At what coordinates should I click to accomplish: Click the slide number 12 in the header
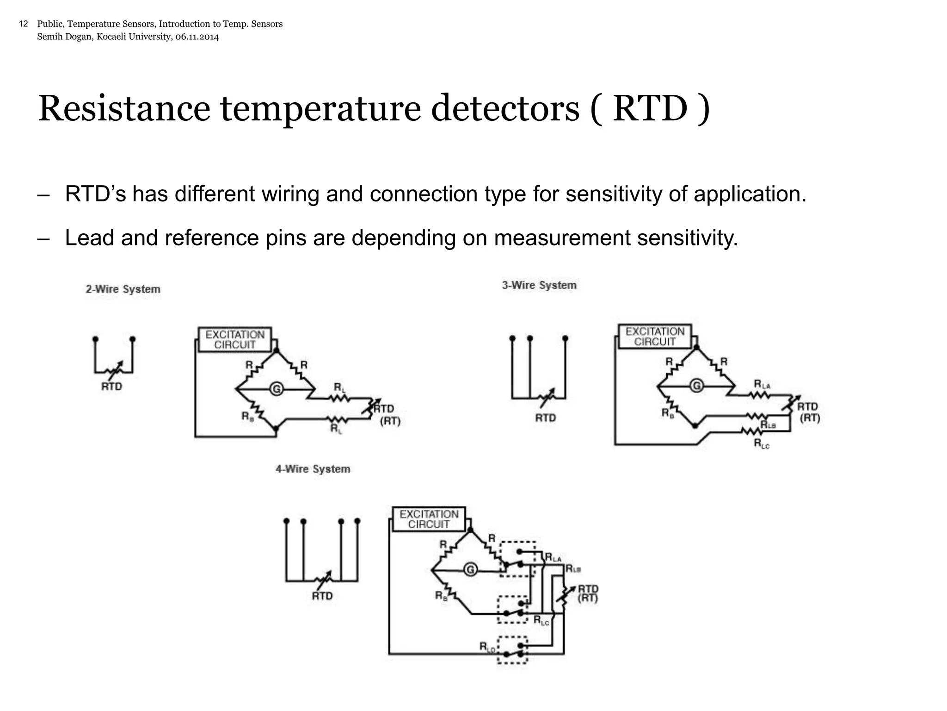pyautogui.click(x=24, y=24)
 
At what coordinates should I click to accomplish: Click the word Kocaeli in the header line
pyautogui.click(x=112, y=37)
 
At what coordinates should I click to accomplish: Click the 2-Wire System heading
pyautogui.click(x=123, y=289)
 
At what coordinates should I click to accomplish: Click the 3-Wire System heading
pyautogui.click(x=539, y=285)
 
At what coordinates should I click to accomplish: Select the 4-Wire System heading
pyautogui.click(x=313, y=469)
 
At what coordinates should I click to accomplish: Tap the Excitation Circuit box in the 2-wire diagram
pyautogui.click(x=235, y=340)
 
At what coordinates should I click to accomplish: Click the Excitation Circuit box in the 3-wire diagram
pyautogui.click(x=655, y=337)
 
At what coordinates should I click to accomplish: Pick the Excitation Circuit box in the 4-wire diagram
pyautogui.click(x=429, y=519)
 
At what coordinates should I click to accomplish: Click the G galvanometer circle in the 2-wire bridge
pyautogui.click(x=277, y=389)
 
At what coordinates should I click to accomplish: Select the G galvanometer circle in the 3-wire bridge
pyautogui.click(x=696, y=386)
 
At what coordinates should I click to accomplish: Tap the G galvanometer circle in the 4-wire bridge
pyautogui.click(x=470, y=569)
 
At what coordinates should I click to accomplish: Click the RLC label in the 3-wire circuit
pyautogui.click(x=762, y=444)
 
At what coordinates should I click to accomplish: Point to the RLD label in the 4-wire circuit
pyautogui.click(x=487, y=647)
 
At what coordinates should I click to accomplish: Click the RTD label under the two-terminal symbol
pyautogui.click(x=112, y=387)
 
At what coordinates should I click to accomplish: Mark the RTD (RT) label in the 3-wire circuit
pyautogui.click(x=809, y=412)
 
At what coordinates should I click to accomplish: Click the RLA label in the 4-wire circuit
pyautogui.click(x=553, y=557)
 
